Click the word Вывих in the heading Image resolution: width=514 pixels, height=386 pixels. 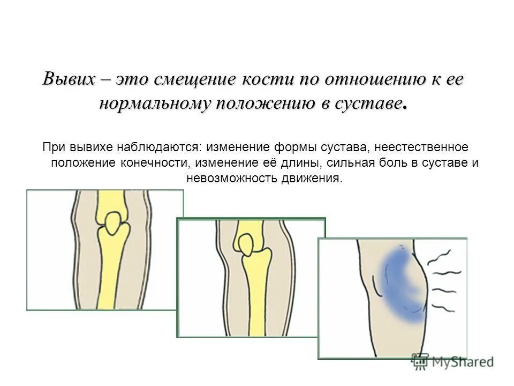coord(70,80)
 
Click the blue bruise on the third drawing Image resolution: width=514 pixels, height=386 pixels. coord(398,284)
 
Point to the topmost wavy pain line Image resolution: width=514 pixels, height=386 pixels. coord(449,255)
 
